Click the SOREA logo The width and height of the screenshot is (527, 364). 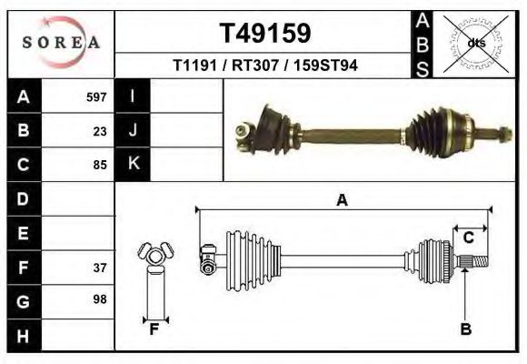click(61, 43)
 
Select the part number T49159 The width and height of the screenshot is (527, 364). click(265, 34)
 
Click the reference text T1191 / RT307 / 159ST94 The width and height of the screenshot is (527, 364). click(265, 66)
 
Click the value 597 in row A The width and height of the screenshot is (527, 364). click(96, 97)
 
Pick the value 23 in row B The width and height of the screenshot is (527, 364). click(100, 131)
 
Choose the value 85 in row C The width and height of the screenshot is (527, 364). click(100, 166)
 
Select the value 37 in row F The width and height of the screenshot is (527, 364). click(100, 268)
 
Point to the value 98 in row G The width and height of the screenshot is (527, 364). click(100, 299)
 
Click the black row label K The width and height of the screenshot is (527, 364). click(133, 164)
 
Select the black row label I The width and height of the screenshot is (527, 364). click(133, 96)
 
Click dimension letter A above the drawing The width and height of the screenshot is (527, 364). click(343, 201)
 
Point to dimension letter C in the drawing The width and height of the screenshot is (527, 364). click(468, 238)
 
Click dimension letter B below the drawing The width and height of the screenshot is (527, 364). click(465, 329)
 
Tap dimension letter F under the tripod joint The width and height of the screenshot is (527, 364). click(154, 329)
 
